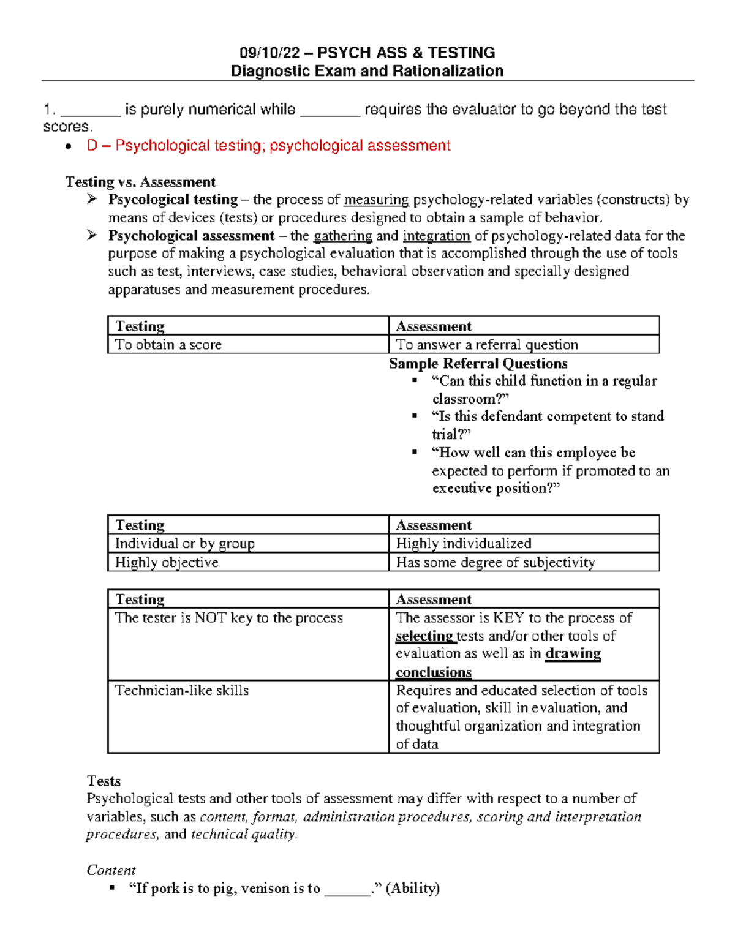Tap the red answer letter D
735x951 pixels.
coord(92,146)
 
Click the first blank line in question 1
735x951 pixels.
coord(91,111)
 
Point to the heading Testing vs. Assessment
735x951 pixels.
coord(140,182)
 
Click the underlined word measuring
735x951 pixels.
coord(376,200)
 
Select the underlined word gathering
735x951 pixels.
coord(342,236)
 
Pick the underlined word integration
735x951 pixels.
coord(436,236)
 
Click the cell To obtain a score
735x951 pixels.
coord(168,345)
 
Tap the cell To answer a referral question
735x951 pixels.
coord(487,345)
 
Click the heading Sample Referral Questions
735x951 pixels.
coord(478,363)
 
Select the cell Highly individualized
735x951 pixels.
coord(464,543)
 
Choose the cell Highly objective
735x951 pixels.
coord(167,562)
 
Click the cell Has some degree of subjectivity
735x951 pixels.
coord(495,562)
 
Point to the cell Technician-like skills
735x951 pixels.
coord(182,690)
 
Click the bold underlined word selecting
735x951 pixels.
coord(424,636)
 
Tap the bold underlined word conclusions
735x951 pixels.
coord(433,672)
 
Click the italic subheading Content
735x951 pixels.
coord(111,870)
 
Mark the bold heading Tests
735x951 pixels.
coord(104,781)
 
